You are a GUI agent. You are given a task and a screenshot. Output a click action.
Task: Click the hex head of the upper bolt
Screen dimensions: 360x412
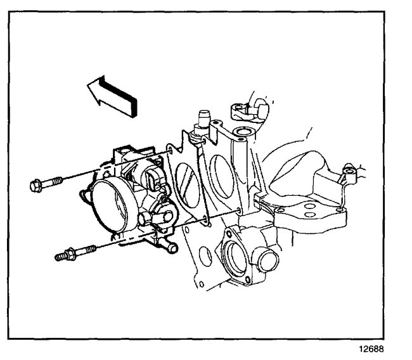pos(37,186)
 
